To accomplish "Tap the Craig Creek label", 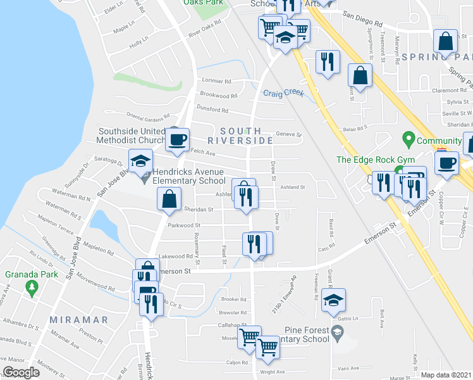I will pos(284,92).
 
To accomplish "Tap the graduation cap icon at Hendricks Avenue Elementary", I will pos(141,160).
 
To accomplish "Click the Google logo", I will pos(21,372).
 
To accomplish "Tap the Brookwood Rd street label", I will pos(218,95).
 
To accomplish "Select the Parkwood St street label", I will pos(183,225).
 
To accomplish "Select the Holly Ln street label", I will pos(137,46).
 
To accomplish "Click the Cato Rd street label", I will pos(326,249).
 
